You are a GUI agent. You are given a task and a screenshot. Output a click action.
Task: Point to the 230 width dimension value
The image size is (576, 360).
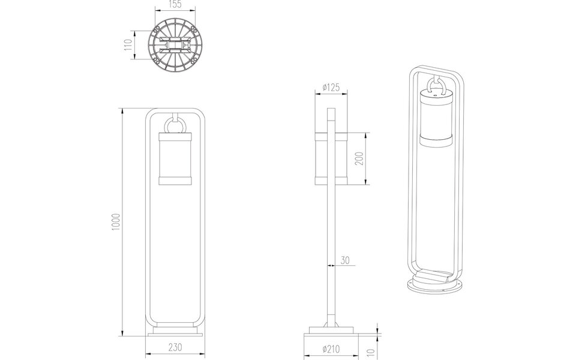tap(175, 347)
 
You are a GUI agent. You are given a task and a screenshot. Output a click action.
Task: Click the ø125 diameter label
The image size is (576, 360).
tap(331, 88)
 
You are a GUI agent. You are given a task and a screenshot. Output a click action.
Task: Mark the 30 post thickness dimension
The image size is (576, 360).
tap(344, 260)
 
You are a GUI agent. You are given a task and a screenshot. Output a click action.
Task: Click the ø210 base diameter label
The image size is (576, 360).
tap(331, 347)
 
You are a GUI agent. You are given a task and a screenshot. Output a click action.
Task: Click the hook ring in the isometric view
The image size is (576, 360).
tap(436, 85)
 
